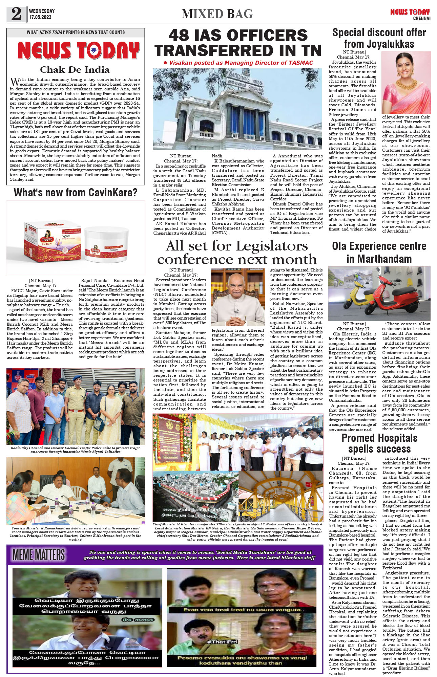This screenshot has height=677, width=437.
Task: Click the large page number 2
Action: [x=16, y=14]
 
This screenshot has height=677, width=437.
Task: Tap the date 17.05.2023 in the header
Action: [x=40, y=17]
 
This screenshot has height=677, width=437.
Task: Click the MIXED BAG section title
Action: [x=217, y=14]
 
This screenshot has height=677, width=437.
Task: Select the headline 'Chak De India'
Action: [x=75, y=70]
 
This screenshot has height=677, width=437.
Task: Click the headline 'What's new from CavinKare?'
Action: [x=76, y=193]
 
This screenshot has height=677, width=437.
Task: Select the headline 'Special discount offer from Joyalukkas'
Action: [x=379, y=38]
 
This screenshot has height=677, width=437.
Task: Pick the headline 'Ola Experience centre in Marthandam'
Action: [x=379, y=253]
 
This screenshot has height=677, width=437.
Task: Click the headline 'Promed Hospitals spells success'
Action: [x=379, y=443]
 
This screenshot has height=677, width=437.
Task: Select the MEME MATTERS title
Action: [x=39, y=555]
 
